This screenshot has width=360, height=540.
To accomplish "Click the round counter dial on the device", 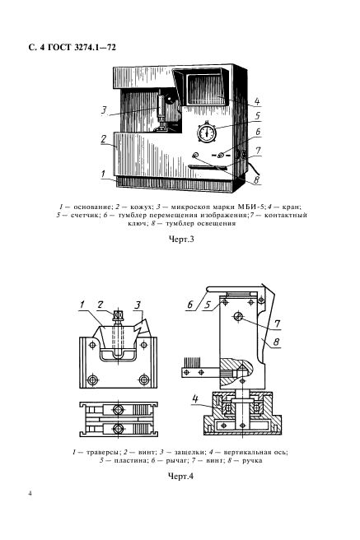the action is pyautogui.click(x=207, y=133).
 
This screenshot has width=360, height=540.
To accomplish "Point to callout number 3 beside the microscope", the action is pyautogui.click(x=104, y=111).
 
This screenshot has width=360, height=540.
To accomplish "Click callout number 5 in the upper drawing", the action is pyautogui.click(x=257, y=116).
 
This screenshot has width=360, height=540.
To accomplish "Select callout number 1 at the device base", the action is pyautogui.click(x=104, y=174).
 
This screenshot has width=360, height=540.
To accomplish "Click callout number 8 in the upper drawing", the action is pyautogui.click(x=256, y=179).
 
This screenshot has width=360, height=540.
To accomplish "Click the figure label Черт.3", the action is pyautogui.click(x=181, y=239).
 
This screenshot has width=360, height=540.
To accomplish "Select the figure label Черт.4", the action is pyautogui.click(x=180, y=477).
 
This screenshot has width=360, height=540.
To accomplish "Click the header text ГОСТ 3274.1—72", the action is pyautogui.click(x=81, y=47).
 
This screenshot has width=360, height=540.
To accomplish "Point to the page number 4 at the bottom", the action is pyautogui.click(x=30, y=494).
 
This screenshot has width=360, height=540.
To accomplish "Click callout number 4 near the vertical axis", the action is pyautogui.click(x=195, y=398).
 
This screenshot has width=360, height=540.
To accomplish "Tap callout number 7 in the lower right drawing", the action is pyautogui.click(x=277, y=324).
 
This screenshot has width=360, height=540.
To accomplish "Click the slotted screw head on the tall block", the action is pyautogui.click(x=238, y=316).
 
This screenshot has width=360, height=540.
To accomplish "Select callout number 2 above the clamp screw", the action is pyautogui.click(x=101, y=305).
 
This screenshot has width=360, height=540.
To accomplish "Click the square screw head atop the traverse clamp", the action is pyautogui.click(x=118, y=314).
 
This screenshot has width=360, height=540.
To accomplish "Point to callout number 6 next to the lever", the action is pyautogui.click(x=190, y=305).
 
